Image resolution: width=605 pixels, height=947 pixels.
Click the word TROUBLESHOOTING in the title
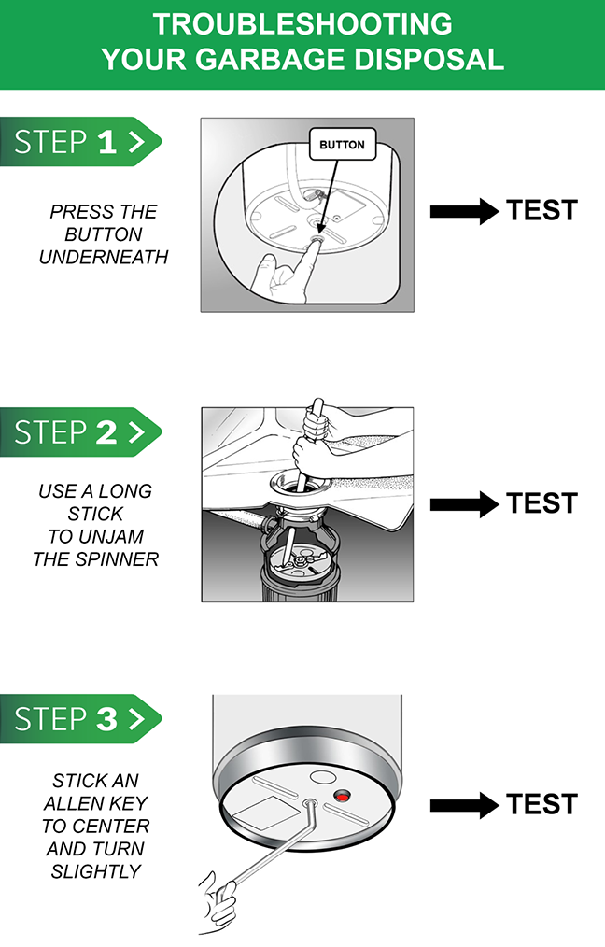point(302,23)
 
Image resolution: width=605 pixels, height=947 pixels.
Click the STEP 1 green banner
point(80,141)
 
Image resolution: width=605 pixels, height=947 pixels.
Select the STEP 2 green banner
point(80,431)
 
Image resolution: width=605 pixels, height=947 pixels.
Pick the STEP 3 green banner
point(80,719)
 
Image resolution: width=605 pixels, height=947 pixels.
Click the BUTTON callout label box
point(343,145)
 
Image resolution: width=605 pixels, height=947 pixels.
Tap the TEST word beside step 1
point(542,210)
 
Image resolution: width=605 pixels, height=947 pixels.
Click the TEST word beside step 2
point(542,503)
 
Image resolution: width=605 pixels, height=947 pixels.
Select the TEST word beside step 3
point(542,804)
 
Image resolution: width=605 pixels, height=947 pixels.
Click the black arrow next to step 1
point(464,211)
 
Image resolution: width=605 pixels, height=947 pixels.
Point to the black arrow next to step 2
point(464,504)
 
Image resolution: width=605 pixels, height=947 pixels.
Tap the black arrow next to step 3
point(464,805)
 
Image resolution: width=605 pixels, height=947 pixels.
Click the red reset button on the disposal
point(343,798)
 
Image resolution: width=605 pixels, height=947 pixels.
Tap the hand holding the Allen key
point(218,901)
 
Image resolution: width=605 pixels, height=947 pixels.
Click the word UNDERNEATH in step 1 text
point(104,257)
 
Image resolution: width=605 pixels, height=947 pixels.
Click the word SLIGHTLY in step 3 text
point(96,871)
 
